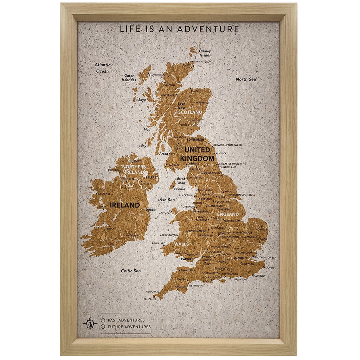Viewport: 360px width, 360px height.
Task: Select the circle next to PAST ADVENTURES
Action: coord(103,320)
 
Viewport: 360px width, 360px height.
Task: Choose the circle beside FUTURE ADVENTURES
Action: coord(103,327)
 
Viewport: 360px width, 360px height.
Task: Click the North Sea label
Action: coord(246,79)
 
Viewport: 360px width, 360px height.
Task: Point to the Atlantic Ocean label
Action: coord(102,68)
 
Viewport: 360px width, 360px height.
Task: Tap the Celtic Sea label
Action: coord(131,271)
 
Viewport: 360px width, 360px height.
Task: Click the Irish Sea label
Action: coord(166,200)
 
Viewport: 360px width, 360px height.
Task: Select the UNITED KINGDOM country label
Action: coord(197,154)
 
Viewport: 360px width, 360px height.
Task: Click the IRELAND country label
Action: coord(125,205)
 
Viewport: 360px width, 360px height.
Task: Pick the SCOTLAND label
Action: coord(190,112)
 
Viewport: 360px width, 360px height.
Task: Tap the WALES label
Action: coord(181,244)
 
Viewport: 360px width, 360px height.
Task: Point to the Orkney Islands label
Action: coord(205,53)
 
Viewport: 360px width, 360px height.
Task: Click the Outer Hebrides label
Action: coord(129,78)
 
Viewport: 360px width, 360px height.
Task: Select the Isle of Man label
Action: coord(180,181)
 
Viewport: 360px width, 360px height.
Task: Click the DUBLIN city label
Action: coord(151,210)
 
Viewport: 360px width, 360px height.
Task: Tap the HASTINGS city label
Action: coord(259,276)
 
